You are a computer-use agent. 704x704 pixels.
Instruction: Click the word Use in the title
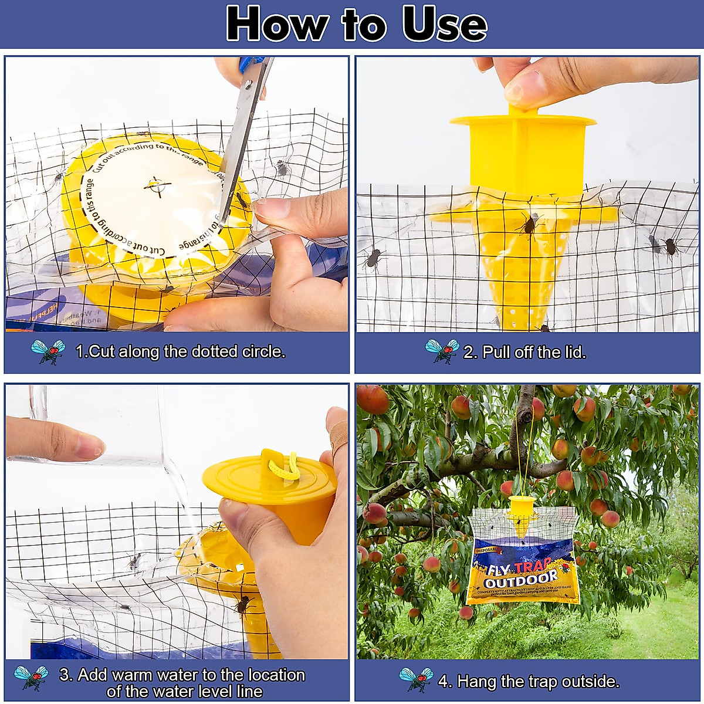444,25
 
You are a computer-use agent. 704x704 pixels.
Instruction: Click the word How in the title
277,25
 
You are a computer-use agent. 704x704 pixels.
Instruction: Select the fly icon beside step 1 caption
48,351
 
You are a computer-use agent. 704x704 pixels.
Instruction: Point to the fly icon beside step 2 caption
442,351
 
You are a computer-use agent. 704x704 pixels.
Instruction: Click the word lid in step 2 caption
573,353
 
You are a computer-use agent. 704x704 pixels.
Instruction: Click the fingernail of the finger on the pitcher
89,446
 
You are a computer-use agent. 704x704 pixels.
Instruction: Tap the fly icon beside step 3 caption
31,678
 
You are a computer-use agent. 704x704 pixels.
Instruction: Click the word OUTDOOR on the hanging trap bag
521,578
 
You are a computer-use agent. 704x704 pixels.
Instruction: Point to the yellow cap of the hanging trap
521,504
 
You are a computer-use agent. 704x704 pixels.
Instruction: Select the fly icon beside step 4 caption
416,680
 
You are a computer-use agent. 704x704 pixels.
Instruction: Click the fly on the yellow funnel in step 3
242,604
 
